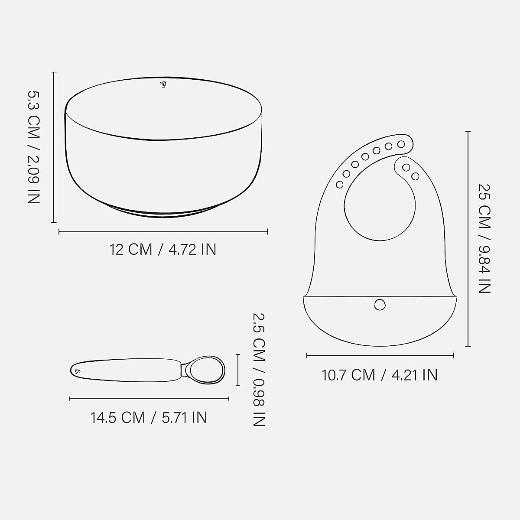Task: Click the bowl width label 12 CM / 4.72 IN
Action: [162, 250]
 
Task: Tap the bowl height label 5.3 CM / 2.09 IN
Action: [34, 147]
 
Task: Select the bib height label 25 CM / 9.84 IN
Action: [484, 238]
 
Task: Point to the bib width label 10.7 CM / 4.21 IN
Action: [380, 375]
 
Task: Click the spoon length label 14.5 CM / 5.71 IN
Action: [149, 418]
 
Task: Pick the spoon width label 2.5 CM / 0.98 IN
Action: [258, 370]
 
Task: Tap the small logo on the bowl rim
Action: [163, 84]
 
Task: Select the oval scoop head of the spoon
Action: [208, 370]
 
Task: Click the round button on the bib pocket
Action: [380, 305]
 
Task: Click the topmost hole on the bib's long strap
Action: [401, 143]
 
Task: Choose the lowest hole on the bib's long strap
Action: [340, 185]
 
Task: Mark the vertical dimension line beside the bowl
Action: [54, 147]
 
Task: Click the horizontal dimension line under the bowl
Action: [163, 232]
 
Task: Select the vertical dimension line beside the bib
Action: [468, 238]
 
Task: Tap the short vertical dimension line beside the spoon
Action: [237, 370]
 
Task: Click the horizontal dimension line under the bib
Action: [380, 355]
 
